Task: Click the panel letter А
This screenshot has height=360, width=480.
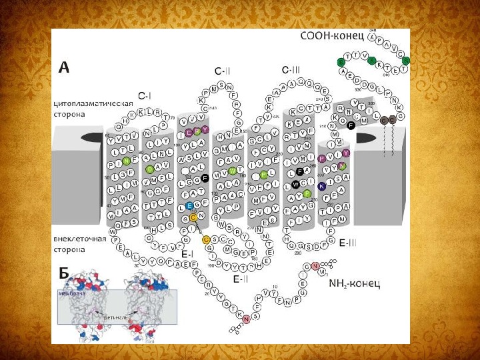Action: pyautogui.click(x=64, y=67)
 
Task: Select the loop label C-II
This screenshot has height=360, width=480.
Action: pyautogui.click(x=223, y=71)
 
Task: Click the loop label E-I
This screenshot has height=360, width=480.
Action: pyautogui.click(x=187, y=254)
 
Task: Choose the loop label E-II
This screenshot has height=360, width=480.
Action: pyautogui.click(x=241, y=279)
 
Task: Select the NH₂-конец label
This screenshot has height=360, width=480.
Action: pyautogui.click(x=354, y=283)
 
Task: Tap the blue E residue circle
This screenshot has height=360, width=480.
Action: pyautogui.click(x=190, y=206)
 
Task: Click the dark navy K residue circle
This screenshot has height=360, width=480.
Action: pyautogui.click(x=322, y=185)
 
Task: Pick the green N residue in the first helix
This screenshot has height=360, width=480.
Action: pyautogui.click(x=127, y=161)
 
